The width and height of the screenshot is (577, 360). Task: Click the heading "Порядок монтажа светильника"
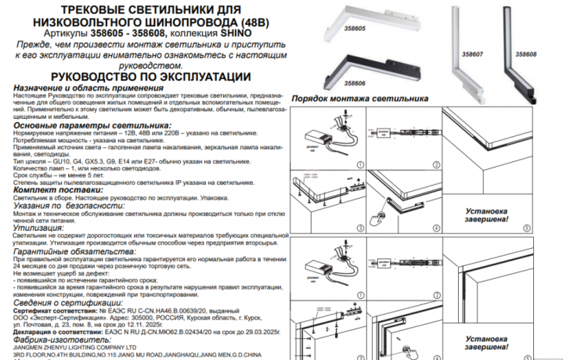click(x=359, y=99)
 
